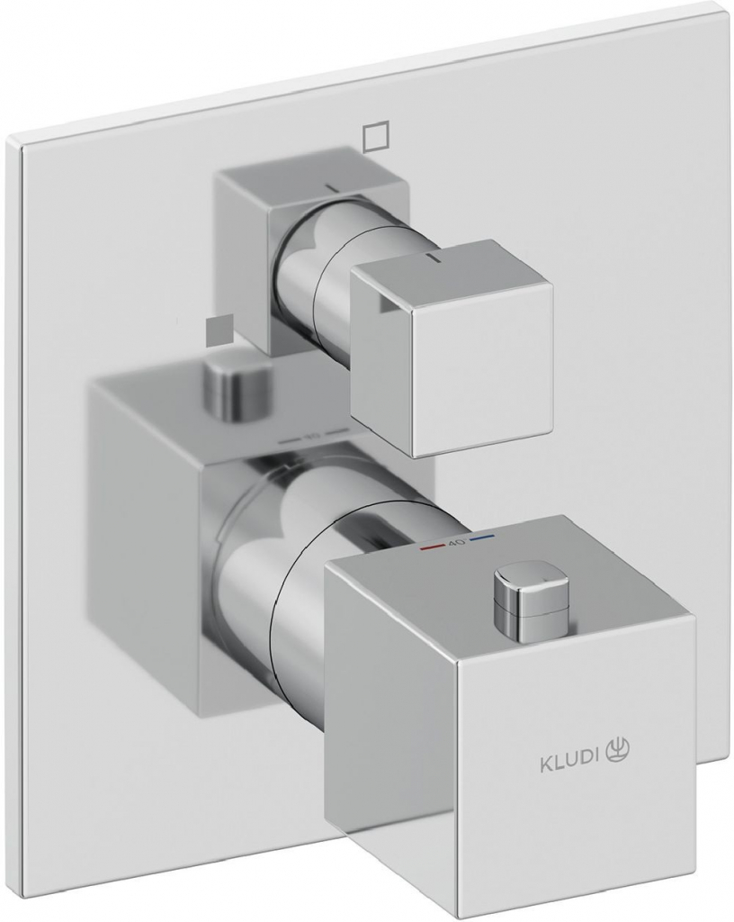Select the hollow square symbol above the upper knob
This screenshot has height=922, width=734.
(x=375, y=135)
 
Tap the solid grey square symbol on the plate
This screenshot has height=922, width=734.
(x=216, y=330)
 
